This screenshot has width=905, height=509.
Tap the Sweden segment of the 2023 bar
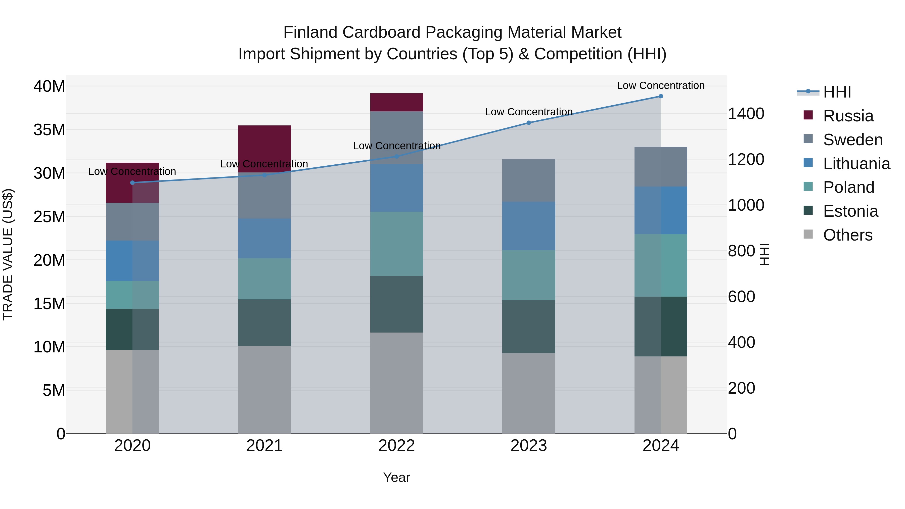528,180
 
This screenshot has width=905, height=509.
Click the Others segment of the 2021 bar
264,390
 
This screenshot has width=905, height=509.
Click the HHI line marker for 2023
528,123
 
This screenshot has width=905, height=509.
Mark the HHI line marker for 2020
132,183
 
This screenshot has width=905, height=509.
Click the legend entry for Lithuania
856,164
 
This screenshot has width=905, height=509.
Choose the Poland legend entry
848,187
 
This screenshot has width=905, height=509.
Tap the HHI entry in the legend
837,92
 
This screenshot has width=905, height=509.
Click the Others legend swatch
808,234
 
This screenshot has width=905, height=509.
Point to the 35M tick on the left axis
49,130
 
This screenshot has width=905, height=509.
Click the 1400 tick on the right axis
746,114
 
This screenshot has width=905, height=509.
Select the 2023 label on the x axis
528,446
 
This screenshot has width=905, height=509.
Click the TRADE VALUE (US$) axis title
8,254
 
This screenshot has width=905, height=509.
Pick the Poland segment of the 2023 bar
528,275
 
